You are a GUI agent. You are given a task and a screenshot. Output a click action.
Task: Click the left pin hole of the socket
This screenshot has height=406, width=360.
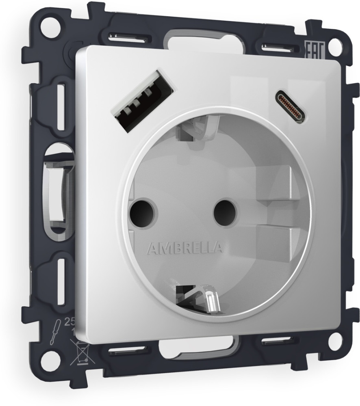142,211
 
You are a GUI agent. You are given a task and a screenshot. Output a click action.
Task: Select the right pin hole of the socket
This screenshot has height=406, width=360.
221,209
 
